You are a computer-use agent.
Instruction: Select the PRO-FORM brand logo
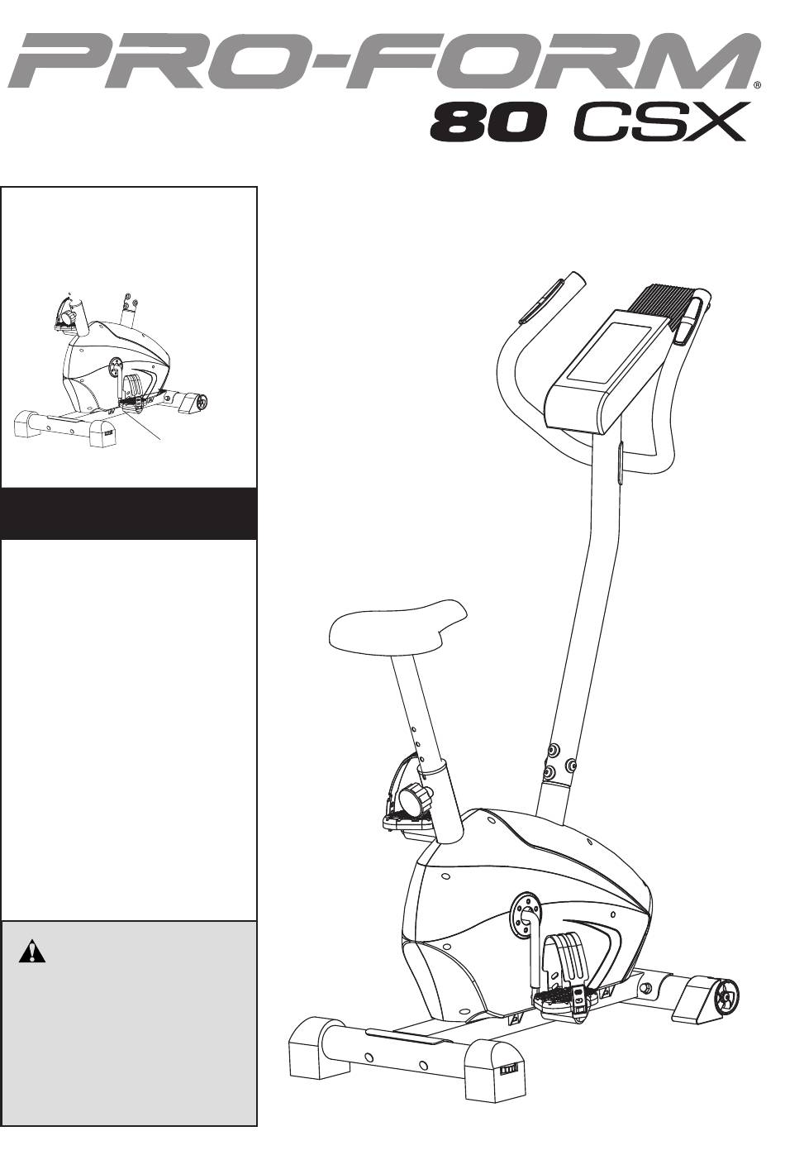coord(384,61)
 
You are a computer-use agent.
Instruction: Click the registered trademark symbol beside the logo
coord(756,86)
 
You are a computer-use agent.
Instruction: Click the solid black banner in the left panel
coord(129,513)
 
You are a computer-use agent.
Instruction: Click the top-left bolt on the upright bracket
coord(554,748)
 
